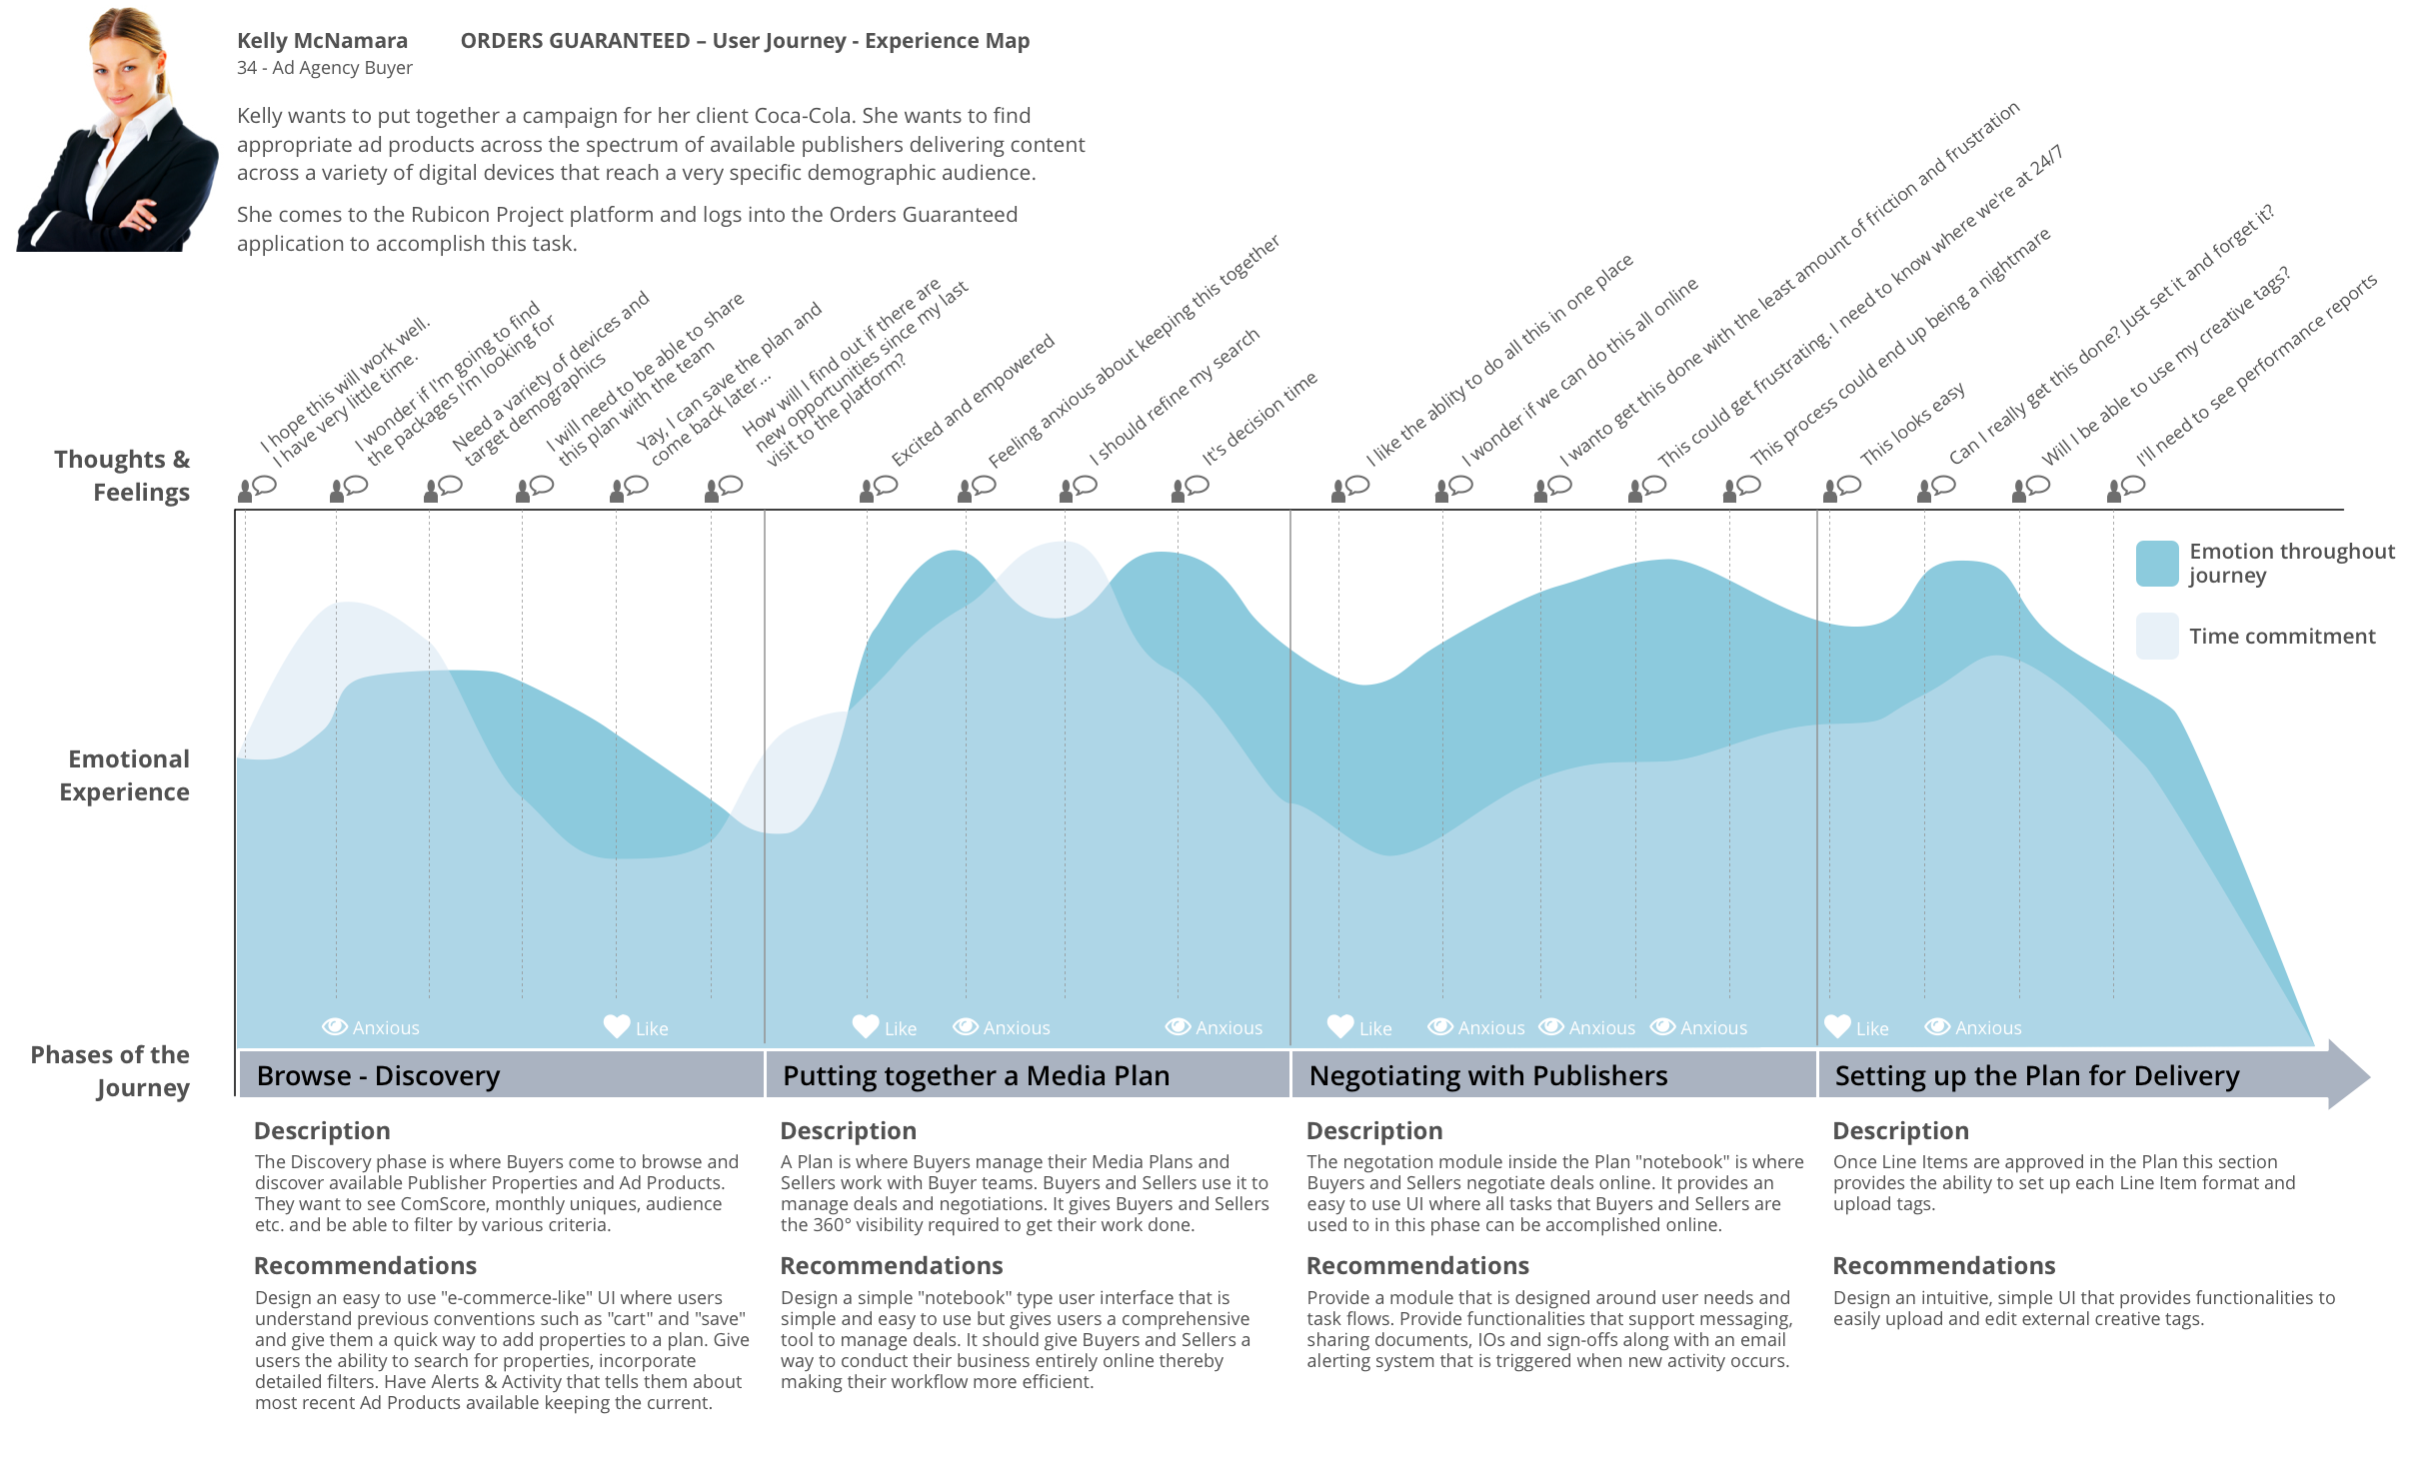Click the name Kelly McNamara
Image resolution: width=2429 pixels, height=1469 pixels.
pos(322,41)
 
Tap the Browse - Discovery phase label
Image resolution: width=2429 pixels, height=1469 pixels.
pos(378,1076)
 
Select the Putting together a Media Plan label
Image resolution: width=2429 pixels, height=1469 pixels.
pos(976,1076)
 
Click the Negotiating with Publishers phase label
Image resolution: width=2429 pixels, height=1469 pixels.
pos(1488,1076)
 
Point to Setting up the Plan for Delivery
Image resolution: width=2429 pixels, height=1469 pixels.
pos(2037,1076)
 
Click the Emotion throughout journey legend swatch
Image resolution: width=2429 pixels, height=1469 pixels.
pos(2157,564)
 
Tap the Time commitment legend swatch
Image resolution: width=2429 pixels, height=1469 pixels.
pos(2157,637)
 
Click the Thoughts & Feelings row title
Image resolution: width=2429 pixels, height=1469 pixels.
pos(122,476)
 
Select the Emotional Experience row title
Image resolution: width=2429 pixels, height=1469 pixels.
pos(124,775)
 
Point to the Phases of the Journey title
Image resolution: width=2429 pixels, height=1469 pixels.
pos(110,1071)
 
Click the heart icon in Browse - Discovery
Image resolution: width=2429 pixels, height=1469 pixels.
pos(617,1026)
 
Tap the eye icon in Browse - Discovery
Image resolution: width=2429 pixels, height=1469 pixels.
pos(335,1026)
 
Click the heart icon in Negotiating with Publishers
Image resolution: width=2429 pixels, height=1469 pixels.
pos(1340,1026)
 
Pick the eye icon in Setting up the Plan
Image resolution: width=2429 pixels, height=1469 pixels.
pos(1938,1026)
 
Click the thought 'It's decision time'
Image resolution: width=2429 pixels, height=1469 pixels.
pos(1260,418)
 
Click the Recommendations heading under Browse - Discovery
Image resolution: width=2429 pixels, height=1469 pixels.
pos(365,1266)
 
